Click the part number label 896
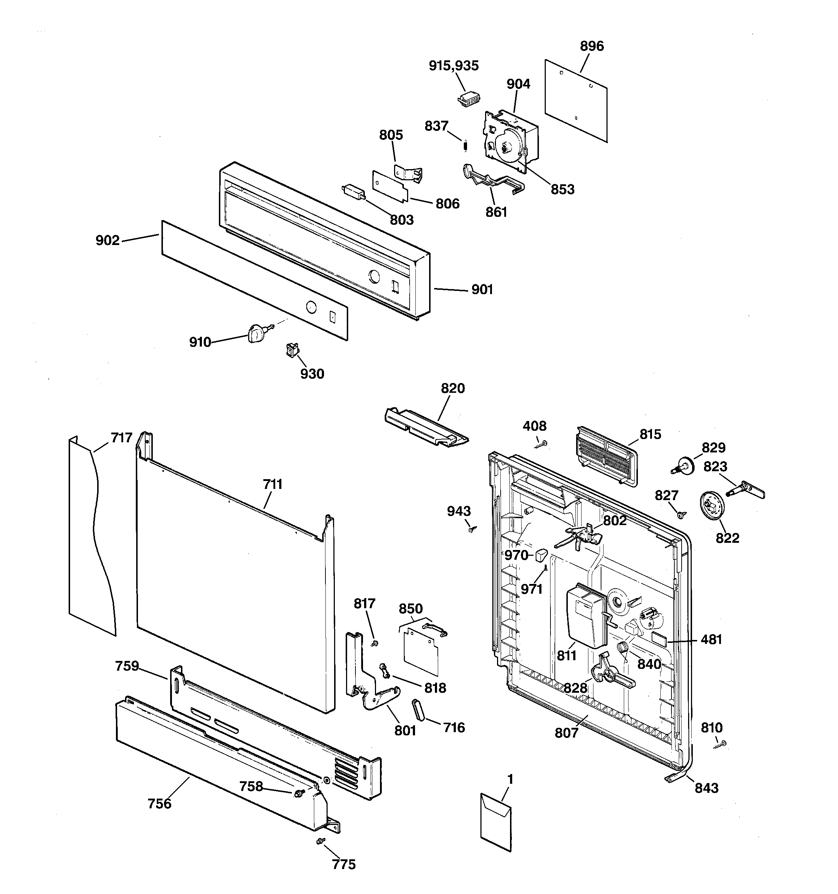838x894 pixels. [x=592, y=46]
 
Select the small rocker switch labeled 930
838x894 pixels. [x=293, y=350]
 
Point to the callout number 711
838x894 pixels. [x=272, y=484]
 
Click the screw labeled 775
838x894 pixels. [x=320, y=841]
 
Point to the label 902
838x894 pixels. [x=107, y=241]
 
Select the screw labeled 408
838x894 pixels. [x=541, y=444]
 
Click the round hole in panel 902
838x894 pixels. [x=311, y=308]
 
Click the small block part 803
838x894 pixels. [x=353, y=192]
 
